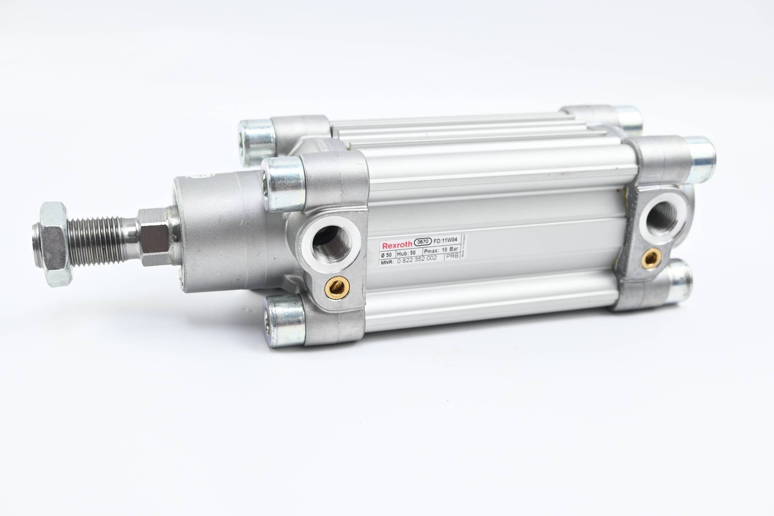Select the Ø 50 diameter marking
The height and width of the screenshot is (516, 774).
click(387, 254)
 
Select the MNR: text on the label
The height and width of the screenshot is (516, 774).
click(387, 262)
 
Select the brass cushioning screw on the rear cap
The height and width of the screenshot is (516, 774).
click(652, 259)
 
